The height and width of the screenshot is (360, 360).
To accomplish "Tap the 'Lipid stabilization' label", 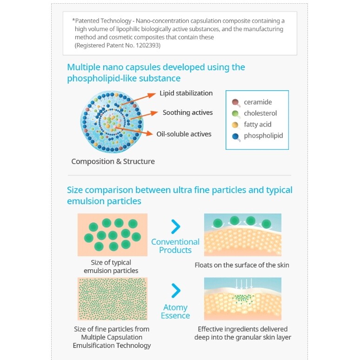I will point(186,93).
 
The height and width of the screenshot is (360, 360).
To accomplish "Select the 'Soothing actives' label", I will point(187,113).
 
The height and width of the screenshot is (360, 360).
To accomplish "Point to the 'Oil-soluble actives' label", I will point(184,134).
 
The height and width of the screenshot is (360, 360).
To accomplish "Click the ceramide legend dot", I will point(235,102).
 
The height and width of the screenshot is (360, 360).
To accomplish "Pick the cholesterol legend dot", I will point(235,113).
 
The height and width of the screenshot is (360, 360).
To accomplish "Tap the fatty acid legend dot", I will point(235,125).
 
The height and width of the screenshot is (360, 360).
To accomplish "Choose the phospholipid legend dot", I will point(235,136).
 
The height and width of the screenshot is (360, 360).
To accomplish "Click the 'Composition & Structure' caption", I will point(113,161).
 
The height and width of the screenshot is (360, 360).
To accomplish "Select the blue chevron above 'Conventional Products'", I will point(175,227).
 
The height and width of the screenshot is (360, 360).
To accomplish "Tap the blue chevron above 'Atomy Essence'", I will point(175,291).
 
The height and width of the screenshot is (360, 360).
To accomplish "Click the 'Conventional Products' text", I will point(175,246).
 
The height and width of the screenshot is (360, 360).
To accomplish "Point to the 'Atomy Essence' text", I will point(175,312).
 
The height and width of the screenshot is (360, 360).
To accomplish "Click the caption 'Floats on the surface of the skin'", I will point(242,265).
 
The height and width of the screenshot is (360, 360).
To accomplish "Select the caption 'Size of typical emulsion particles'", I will point(111,267).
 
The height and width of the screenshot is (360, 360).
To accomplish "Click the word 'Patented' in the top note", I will point(88,21).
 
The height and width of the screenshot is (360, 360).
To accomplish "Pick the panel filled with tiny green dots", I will point(113,299).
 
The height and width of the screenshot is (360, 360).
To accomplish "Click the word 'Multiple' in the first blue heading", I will point(85,67).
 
